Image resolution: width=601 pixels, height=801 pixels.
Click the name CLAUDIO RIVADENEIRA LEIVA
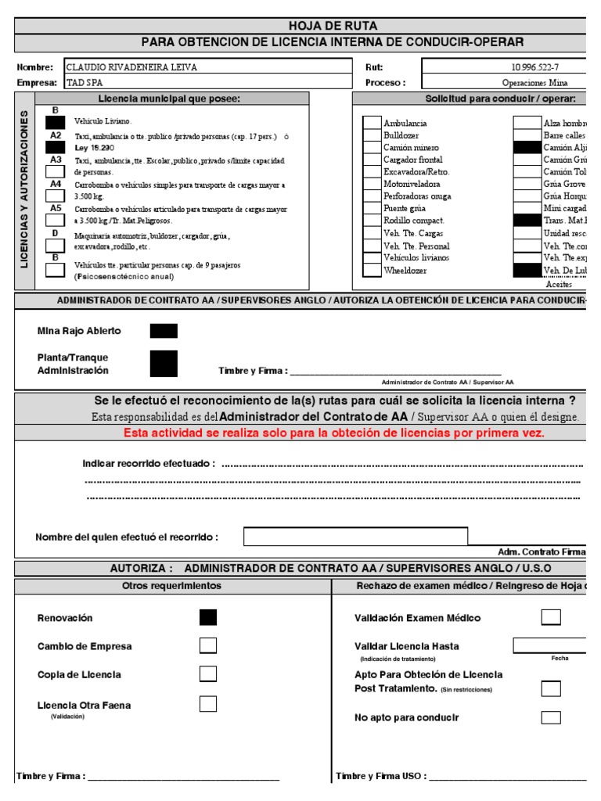click(x=131, y=67)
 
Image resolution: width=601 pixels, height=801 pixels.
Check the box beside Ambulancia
click(x=372, y=123)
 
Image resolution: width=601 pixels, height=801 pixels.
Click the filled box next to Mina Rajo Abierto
click(x=164, y=331)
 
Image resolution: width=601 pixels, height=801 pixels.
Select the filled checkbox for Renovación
click(x=208, y=618)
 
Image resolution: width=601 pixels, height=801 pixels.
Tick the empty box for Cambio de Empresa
click(x=208, y=646)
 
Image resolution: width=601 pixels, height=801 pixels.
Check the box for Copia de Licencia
click(x=208, y=674)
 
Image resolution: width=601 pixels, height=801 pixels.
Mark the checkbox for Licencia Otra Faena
click(x=208, y=704)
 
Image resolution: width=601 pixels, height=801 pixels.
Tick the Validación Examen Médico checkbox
click(x=551, y=618)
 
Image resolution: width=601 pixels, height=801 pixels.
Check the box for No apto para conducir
click(x=551, y=717)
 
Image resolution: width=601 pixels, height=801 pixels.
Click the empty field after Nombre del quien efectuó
click(x=355, y=537)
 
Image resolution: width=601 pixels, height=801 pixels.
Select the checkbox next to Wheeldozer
click(x=372, y=270)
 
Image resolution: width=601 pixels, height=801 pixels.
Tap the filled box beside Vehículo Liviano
click(x=56, y=122)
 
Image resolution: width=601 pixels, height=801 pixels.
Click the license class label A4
click(x=56, y=184)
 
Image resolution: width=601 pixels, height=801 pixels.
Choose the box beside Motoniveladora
click(x=372, y=184)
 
